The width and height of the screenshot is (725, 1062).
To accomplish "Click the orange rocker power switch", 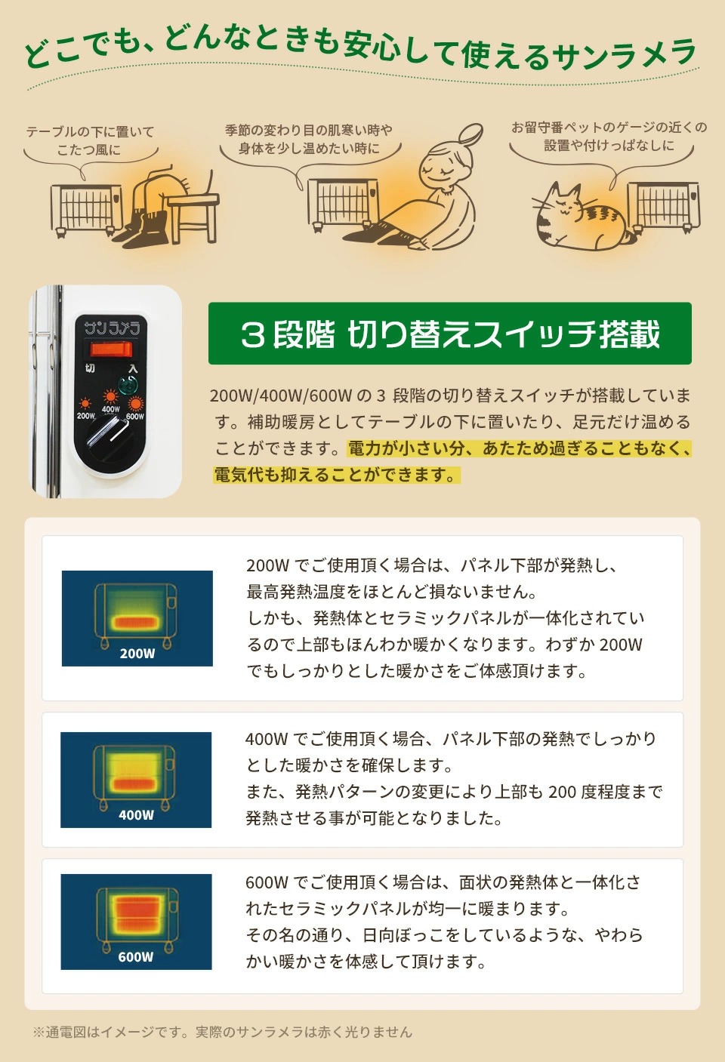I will [111, 349].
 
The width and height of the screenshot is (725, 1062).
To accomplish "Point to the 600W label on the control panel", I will [135, 417].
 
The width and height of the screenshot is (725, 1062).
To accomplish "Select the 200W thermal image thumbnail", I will [137, 618].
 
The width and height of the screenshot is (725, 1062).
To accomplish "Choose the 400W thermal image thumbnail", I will [136, 780].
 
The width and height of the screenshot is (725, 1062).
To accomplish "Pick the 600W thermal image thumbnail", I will [136, 922].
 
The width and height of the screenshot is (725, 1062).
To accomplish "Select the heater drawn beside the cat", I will [662, 205].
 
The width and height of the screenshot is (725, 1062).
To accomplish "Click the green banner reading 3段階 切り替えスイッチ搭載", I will [449, 334].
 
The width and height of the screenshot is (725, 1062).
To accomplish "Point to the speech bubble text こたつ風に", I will [88, 149].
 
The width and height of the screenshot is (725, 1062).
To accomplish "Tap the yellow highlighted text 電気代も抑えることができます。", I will [336, 475].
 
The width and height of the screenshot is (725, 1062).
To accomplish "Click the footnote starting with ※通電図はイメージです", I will [223, 1032].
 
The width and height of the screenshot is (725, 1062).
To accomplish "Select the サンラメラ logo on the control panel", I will [112, 328].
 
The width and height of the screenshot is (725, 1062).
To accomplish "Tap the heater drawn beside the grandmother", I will [344, 202].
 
